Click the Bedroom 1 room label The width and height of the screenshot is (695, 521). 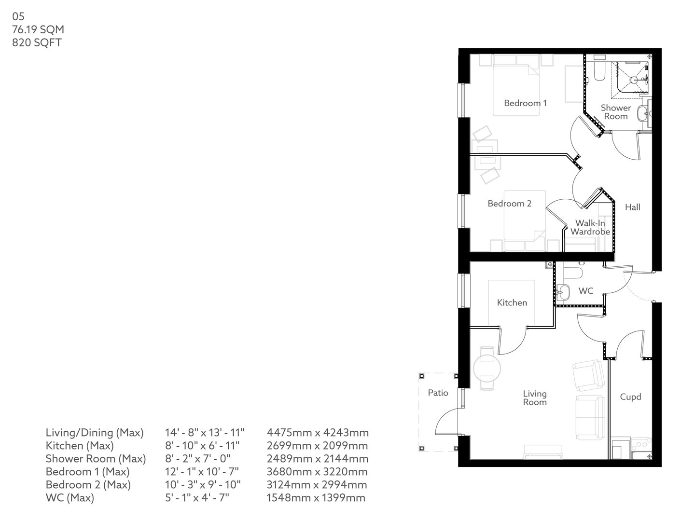(x=525, y=103)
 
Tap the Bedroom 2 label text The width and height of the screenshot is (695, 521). (x=509, y=204)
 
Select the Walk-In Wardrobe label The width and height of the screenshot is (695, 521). (x=590, y=227)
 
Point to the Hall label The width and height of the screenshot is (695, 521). (x=632, y=207)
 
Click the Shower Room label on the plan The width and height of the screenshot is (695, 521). (x=616, y=112)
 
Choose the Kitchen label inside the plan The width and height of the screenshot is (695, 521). (x=512, y=302)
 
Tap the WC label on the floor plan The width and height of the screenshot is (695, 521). (x=585, y=291)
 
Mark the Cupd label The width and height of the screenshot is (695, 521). (x=630, y=397)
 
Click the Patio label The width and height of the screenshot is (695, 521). (x=438, y=393)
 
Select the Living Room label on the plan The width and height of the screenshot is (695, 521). (x=535, y=398)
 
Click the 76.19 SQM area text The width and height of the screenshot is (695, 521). (x=38, y=29)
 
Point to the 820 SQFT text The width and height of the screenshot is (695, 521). (x=37, y=42)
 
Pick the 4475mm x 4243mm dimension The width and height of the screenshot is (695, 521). (x=318, y=433)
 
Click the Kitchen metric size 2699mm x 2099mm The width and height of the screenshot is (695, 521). (x=317, y=446)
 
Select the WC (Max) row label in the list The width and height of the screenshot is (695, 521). (x=69, y=498)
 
